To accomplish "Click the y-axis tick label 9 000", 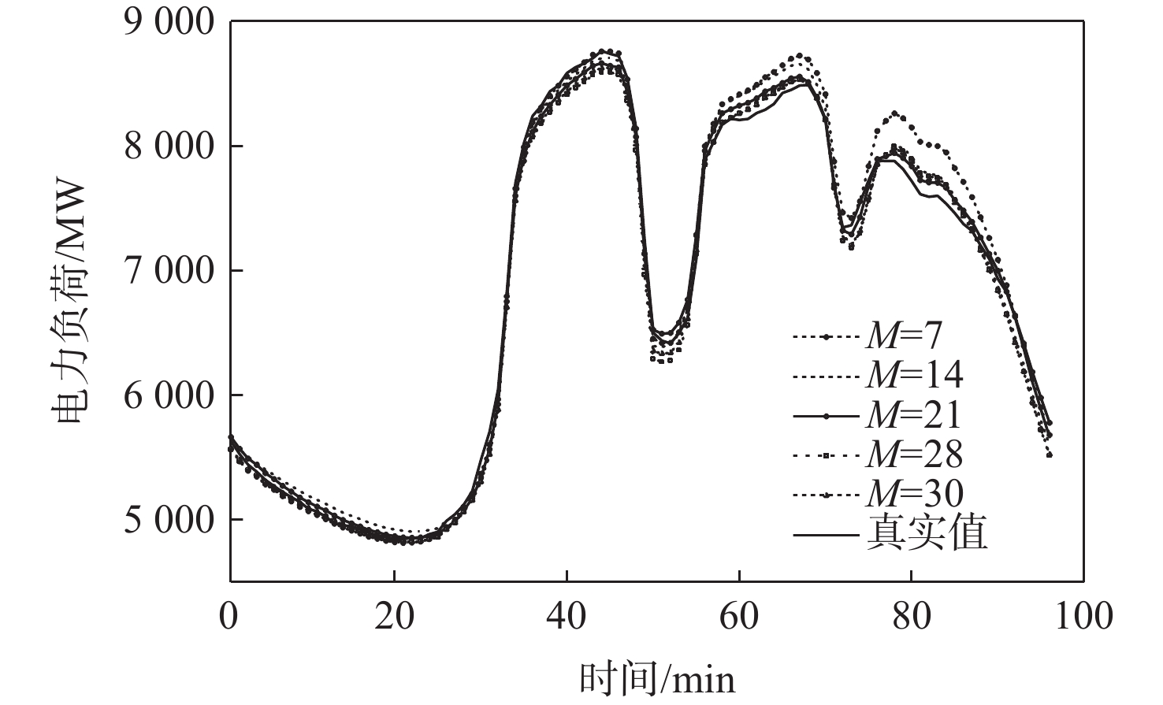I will click(x=169, y=22).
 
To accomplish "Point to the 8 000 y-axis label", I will click(x=169, y=147).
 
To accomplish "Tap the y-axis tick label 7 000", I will click(x=169, y=271).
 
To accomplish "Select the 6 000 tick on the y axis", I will click(x=169, y=395).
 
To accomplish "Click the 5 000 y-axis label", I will click(x=169, y=520).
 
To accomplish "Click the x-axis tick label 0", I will click(x=229, y=616).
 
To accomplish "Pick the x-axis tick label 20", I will click(x=394, y=616).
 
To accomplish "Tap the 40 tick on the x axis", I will click(x=567, y=616).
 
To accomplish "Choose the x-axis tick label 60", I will click(x=739, y=616).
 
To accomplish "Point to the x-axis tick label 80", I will click(x=912, y=616).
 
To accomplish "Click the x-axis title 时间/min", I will click(x=657, y=678).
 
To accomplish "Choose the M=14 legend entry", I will click(x=914, y=376).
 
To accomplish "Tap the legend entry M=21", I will click(x=914, y=415).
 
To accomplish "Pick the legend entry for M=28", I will click(x=914, y=455).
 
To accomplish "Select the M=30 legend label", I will click(x=914, y=494).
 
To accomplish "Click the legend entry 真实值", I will click(x=927, y=533).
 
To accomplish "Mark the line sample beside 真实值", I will click(x=825, y=536).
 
